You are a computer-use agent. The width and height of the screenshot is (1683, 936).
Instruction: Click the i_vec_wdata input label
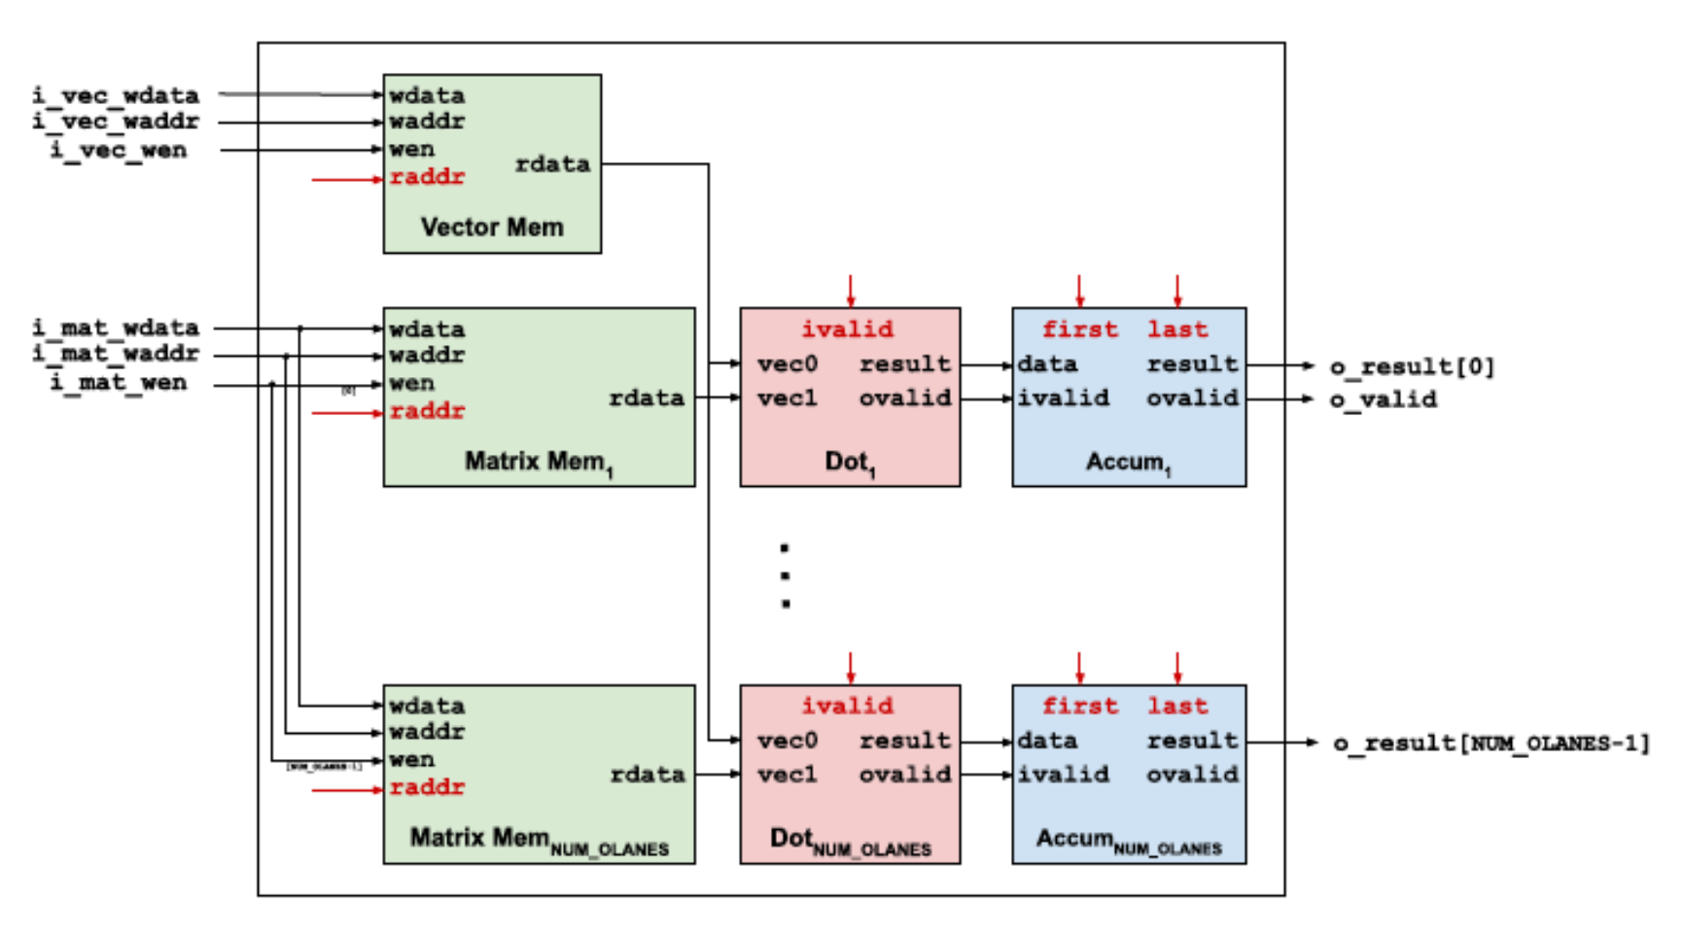tap(115, 95)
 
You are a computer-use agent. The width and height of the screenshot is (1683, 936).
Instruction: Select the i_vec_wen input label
tap(119, 150)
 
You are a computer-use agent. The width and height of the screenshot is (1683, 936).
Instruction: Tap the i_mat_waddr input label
tap(115, 354)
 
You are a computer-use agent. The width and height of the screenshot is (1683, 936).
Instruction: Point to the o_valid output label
tap(1383, 399)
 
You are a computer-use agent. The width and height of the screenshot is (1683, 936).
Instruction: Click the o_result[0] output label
tap(1412, 366)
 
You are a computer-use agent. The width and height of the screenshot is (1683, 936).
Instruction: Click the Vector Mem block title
tap(492, 227)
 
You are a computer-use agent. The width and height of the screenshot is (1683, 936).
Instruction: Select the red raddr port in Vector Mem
tap(427, 177)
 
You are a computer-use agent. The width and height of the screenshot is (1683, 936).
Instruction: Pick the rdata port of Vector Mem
tap(552, 164)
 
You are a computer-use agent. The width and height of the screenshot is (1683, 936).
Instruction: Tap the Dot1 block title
tap(850, 463)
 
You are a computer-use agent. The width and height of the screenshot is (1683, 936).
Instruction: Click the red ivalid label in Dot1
tap(847, 329)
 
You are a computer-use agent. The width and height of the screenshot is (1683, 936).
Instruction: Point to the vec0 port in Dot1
tap(788, 364)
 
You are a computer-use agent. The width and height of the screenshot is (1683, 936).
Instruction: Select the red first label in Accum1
tap(1079, 329)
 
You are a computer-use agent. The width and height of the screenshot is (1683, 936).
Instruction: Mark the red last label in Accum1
tap(1177, 329)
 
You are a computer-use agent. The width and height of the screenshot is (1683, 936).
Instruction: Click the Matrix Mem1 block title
tap(538, 463)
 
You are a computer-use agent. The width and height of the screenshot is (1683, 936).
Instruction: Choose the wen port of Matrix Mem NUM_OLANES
tap(411, 759)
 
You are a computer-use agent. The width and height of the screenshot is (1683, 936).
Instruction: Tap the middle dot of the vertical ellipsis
tap(785, 576)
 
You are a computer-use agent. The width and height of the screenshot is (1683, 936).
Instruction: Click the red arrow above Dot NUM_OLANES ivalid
tap(851, 668)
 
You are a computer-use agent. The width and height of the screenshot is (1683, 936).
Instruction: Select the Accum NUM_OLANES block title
tap(1128, 841)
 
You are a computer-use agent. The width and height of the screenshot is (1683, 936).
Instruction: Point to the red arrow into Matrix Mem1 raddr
tap(346, 413)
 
